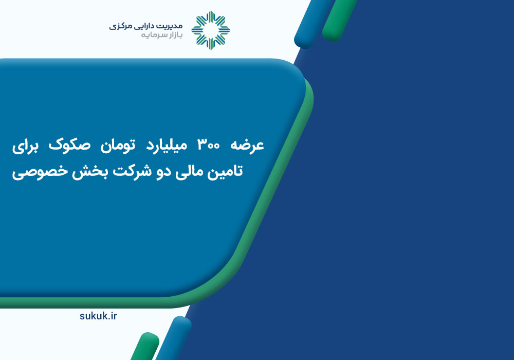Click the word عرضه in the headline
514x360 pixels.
coord(247,145)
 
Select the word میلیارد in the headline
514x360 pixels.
coord(167,146)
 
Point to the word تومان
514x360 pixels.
coord(118,145)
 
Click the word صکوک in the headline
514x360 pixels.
coord(69,145)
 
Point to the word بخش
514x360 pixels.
coord(90,171)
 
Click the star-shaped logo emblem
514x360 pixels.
coord(211,30)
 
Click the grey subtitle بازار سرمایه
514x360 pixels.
coord(161,35)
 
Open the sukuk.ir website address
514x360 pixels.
coord(98,316)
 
